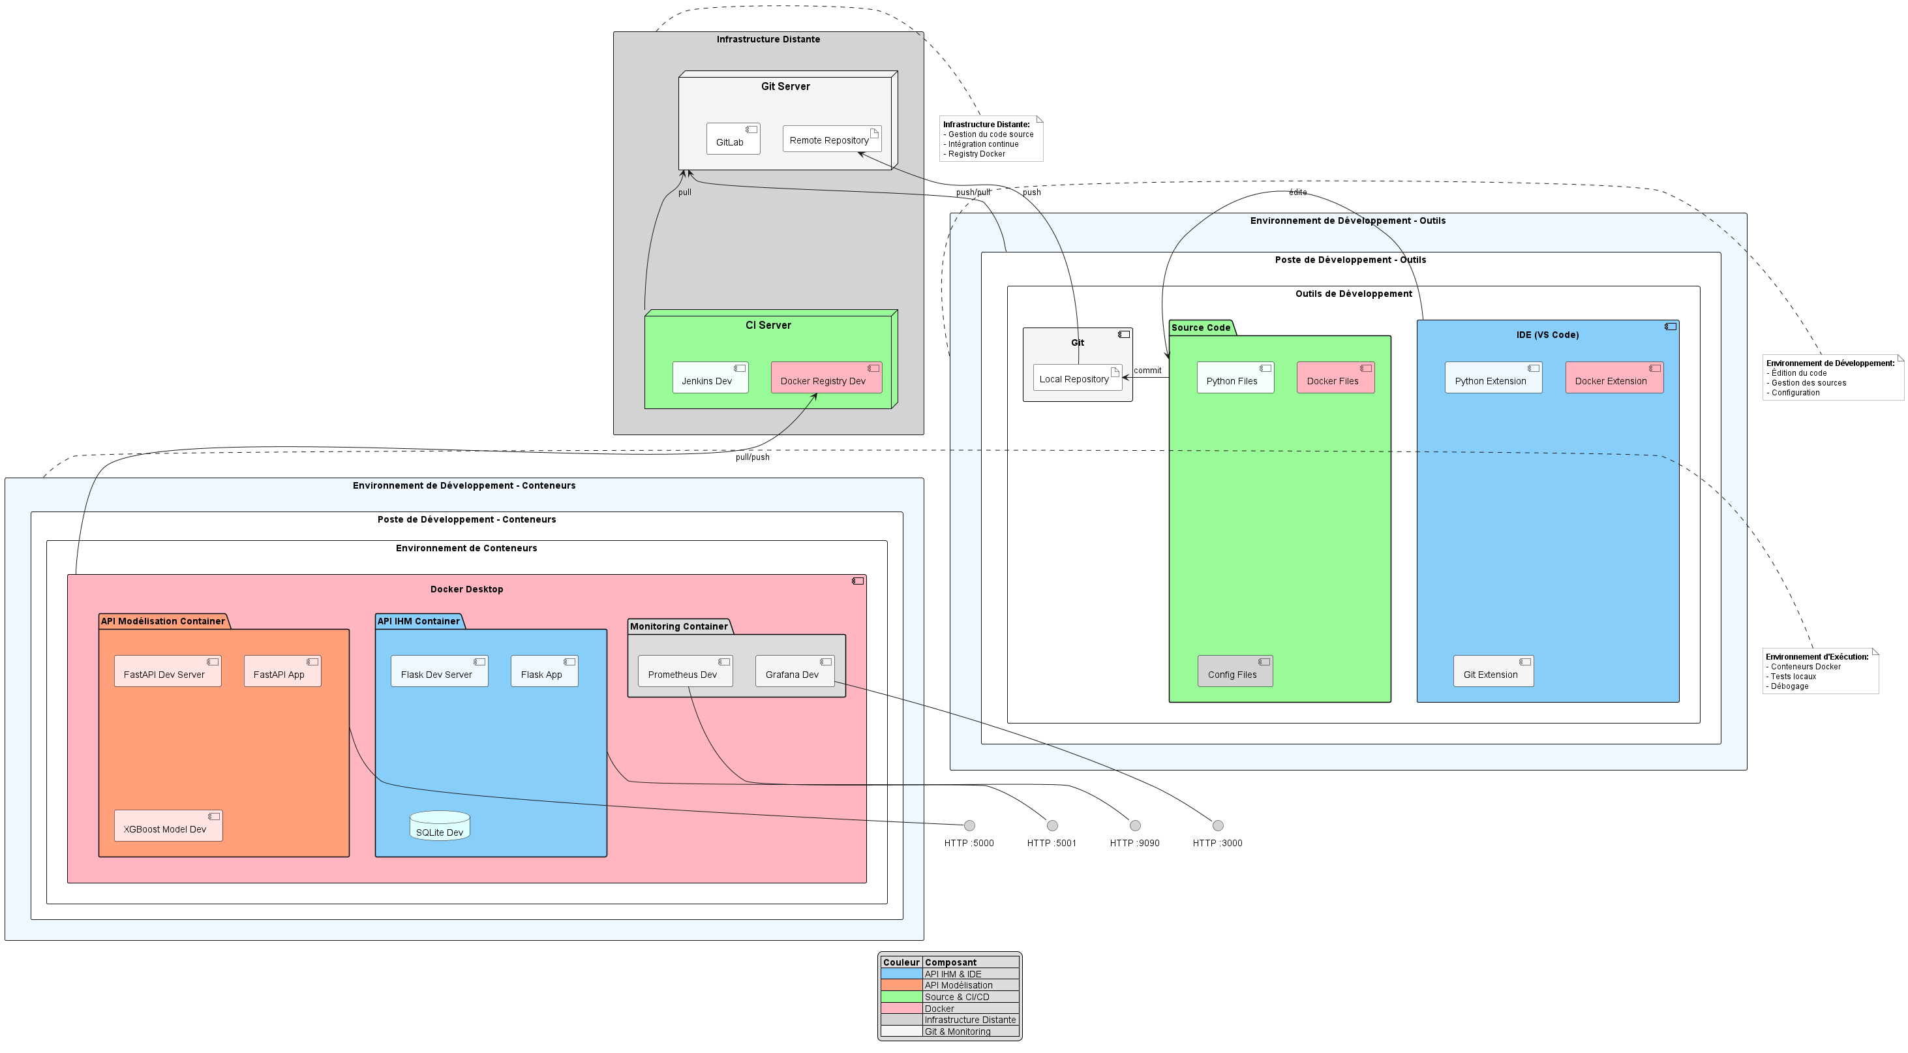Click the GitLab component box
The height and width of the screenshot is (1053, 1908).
[733, 140]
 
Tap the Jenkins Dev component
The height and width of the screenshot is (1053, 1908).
[710, 378]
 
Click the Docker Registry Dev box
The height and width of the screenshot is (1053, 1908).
[826, 378]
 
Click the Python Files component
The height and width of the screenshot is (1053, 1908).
[1235, 378]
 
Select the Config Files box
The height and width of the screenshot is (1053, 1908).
[1235, 671]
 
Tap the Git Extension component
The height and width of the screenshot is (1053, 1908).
[1492, 671]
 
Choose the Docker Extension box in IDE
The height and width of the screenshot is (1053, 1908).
[1614, 378]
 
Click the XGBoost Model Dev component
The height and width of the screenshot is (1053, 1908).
[168, 826]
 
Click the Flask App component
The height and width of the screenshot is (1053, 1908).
[543, 671]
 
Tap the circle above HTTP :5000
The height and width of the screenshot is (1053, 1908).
[969, 825]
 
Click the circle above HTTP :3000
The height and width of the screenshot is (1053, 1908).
[1217, 825]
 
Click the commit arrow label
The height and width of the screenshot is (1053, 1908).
[1147, 371]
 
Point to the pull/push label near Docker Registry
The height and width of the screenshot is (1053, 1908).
[752, 457]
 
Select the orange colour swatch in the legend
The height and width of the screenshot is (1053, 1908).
[901, 986]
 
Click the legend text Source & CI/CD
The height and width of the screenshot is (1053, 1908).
[956, 998]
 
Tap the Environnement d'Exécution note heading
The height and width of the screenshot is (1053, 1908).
[1816, 656]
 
